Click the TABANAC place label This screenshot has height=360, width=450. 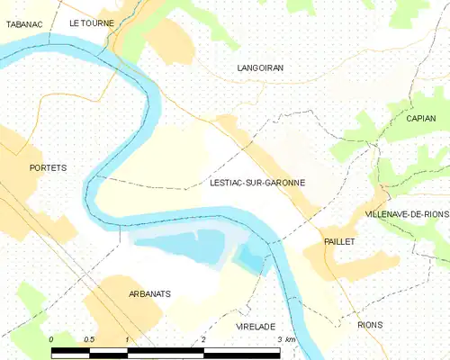tap(24, 25)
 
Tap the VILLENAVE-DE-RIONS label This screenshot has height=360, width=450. tap(407, 214)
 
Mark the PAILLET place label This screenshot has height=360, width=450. tap(340, 242)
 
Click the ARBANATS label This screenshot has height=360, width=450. tap(125, 293)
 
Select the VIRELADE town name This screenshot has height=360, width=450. tap(255, 326)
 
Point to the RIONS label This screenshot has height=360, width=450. tap(369, 324)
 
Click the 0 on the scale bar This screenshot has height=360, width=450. tap(52, 339)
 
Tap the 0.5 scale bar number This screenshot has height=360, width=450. tap(89, 339)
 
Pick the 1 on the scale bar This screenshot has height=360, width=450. tap(128, 339)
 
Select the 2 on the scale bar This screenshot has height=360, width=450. tap(204, 339)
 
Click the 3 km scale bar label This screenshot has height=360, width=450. tap(286, 339)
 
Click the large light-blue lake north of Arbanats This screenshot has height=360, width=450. tap(180, 247)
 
